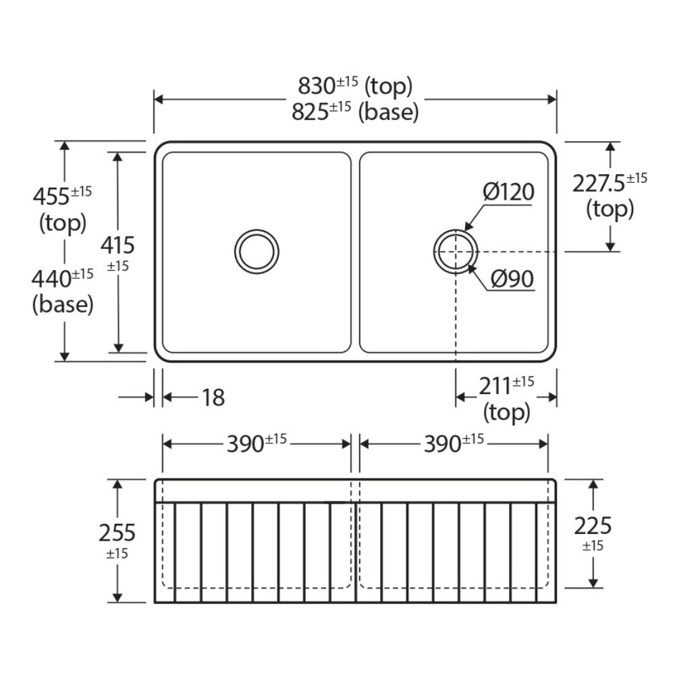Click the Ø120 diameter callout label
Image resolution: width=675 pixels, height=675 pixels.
508,192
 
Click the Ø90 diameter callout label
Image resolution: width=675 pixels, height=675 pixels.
512,279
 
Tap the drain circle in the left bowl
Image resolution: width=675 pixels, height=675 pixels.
256,251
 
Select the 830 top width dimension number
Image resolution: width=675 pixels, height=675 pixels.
317,86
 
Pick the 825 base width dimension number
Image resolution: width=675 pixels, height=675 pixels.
310,112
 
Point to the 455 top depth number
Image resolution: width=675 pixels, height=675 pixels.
51,196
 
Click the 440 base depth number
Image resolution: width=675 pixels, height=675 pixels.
51,279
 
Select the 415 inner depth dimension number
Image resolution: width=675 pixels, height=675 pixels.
117,246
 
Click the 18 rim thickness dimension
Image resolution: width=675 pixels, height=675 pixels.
213,398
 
